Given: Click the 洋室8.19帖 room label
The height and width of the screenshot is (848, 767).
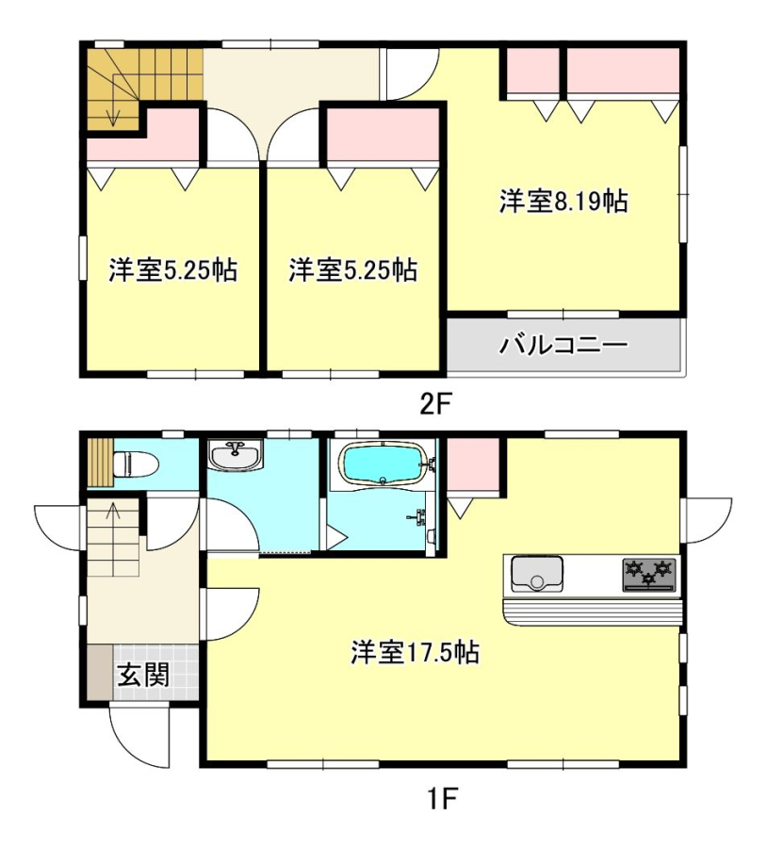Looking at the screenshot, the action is pyautogui.click(x=563, y=202).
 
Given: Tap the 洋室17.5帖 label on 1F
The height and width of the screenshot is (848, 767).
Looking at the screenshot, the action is pyautogui.click(x=415, y=652).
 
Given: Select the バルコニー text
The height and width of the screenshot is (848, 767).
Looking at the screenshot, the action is pyautogui.click(x=563, y=345).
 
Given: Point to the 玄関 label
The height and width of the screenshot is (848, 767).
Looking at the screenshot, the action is pyautogui.click(x=144, y=674).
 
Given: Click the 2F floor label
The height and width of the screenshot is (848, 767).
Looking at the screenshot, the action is pyautogui.click(x=436, y=404).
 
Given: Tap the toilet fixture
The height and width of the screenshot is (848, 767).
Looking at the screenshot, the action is pyautogui.click(x=136, y=464).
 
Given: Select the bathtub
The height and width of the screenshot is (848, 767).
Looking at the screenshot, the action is pyautogui.click(x=383, y=464).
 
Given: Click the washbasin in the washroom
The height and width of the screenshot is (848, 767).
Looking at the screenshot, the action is pyautogui.click(x=236, y=455).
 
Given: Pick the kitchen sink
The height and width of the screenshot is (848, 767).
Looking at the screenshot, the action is pyautogui.click(x=537, y=574).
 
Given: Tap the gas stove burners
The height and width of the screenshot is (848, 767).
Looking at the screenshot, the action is pyautogui.click(x=649, y=575).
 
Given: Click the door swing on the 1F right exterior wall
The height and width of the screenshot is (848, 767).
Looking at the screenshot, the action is pyautogui.click(x=709, y=520).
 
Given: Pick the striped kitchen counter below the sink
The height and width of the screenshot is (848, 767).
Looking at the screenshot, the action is pyautogui.click(x=593, y=612).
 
